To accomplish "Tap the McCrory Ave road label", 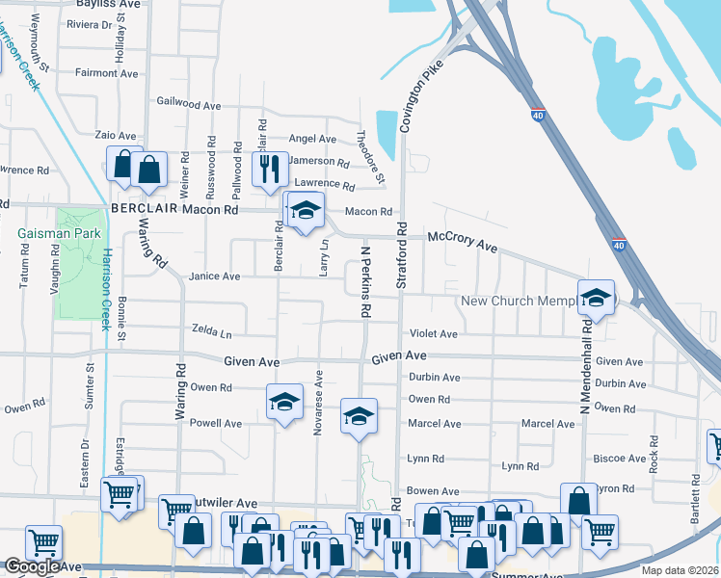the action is (463, 242).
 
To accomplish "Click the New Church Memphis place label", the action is (519, 302).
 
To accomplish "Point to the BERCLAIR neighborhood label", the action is (144, 209).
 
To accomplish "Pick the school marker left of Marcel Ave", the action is (359, 416).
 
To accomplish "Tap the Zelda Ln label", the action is (212, 334).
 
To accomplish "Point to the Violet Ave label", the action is (433, 334).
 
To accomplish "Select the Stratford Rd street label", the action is (401, 256).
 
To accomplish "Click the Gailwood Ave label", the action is (189, 105).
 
